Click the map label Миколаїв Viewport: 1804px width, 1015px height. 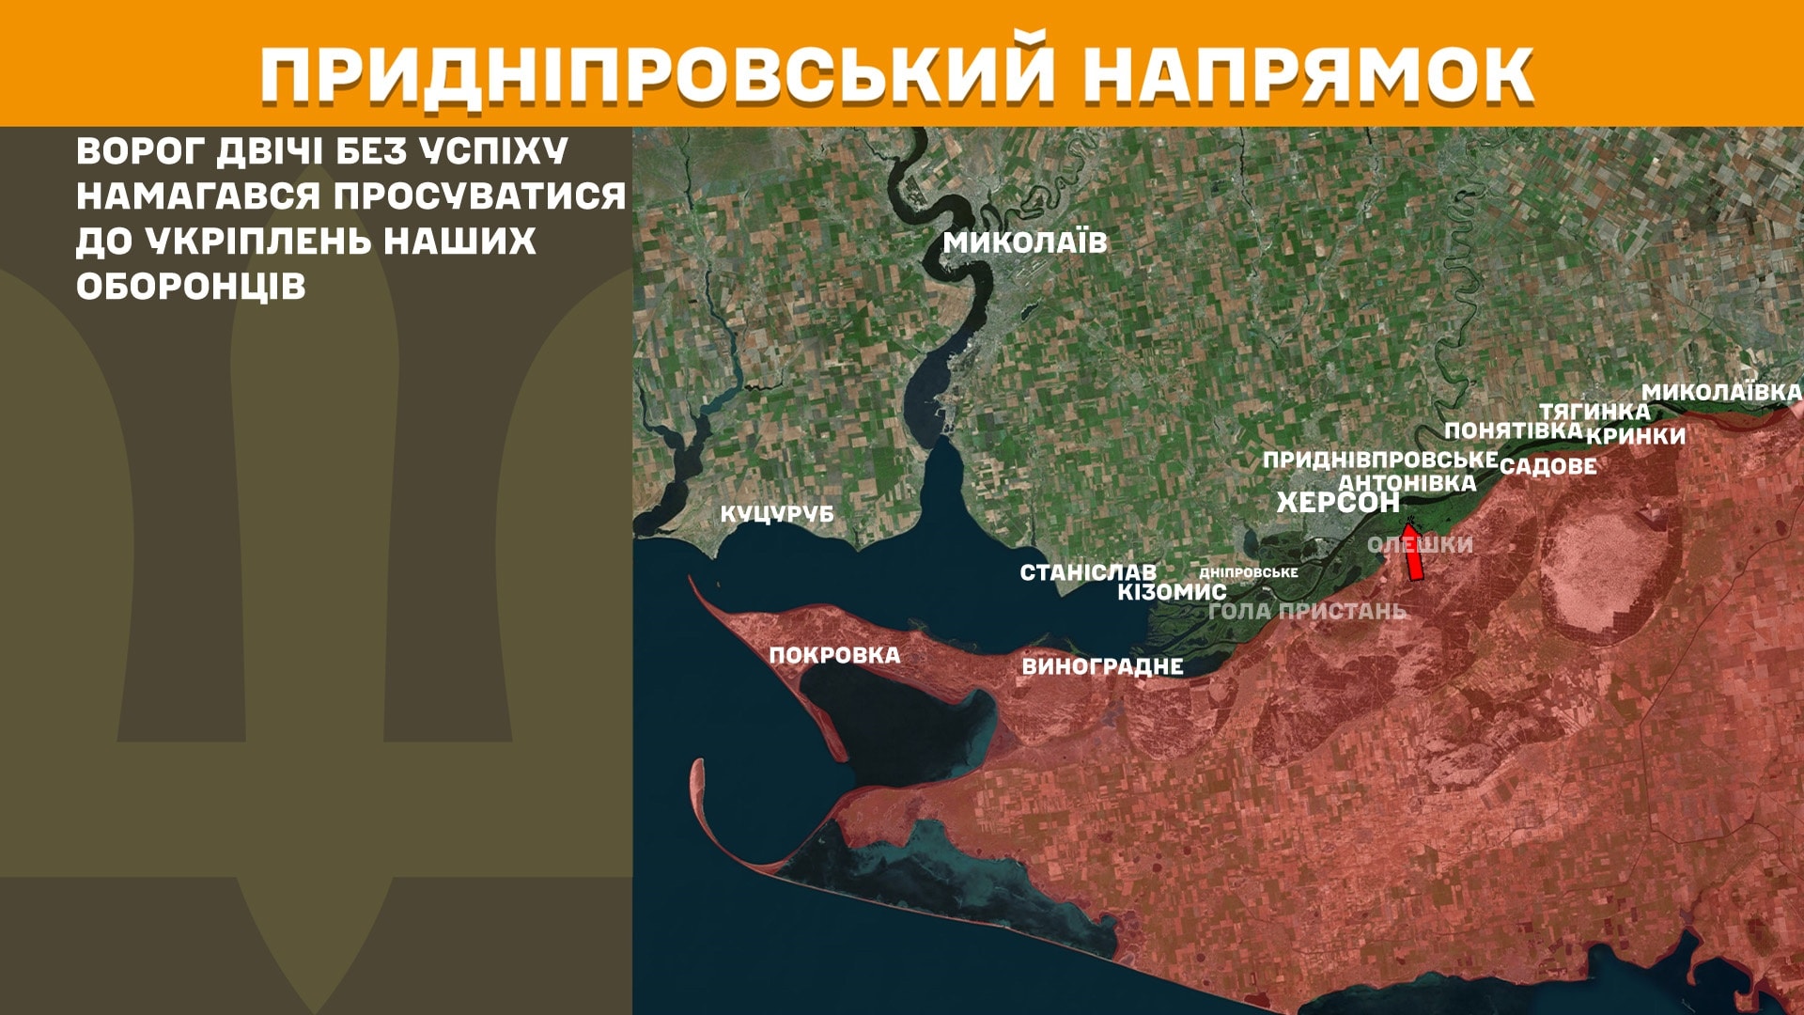tap(1025, 242)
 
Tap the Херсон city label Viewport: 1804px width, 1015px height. tap(1338, 503)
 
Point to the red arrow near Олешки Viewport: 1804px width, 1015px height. tap(1412, 553)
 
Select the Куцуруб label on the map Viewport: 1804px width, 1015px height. tap(777, 514)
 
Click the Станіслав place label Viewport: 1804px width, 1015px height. tap(1088, 572)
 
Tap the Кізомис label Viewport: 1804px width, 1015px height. tap(1172, 592)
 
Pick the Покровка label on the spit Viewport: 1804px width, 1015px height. tap(834, 655)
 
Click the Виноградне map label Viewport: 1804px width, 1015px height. tap(1102, 666)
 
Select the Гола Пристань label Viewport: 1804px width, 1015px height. tap(1307, 611)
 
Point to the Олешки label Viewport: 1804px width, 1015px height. tap(1420, 544)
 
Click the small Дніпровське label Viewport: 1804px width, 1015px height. tap(1249, 572)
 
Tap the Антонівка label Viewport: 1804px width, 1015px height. tap(1407, 483)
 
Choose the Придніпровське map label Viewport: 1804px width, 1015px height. tap(1379, 460)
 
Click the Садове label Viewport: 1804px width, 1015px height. tap(1547, 466)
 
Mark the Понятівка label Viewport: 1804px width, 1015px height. tap(1513, 430)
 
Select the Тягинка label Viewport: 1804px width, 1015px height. tap(1594, 412)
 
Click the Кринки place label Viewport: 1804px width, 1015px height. tap(1636, 436)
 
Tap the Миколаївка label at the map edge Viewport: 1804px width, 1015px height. tap(1721, 393)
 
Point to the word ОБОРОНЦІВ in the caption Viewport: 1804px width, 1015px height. tap(191, 287)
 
